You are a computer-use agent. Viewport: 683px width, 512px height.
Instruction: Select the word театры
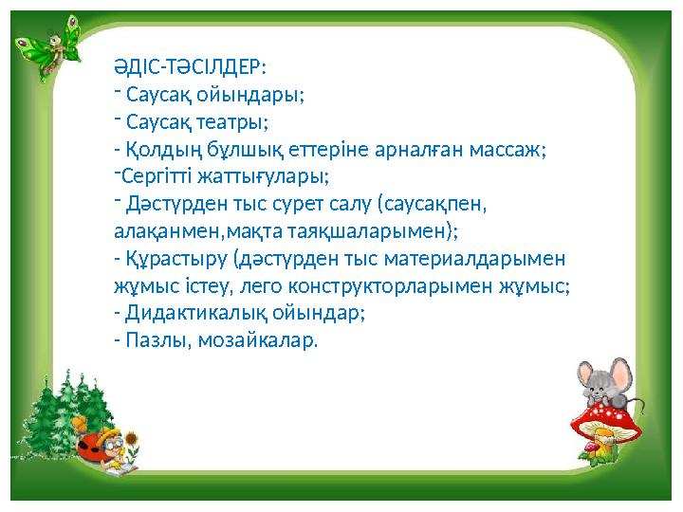tap(234, 122)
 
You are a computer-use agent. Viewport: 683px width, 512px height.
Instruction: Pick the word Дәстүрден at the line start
tap(166, 204)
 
